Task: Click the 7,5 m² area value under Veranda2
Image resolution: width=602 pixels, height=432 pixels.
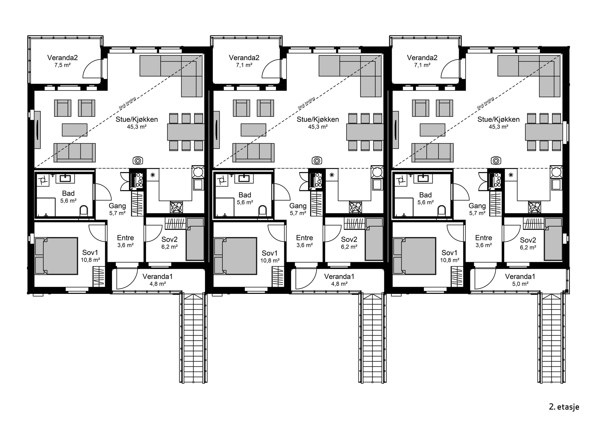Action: coord(62,65)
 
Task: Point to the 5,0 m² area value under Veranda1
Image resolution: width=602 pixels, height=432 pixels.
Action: coord(520,284)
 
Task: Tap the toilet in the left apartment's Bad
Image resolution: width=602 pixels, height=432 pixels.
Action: coord(84,210)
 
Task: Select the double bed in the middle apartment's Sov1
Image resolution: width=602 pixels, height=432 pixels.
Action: coord(235,256)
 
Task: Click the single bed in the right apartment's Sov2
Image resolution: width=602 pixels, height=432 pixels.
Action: coord(553,239)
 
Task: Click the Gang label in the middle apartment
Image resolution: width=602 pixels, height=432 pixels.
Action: coord(298,206)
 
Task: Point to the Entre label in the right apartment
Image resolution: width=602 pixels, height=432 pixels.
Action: coord(484,238)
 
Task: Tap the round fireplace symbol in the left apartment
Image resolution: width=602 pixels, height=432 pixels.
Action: coord(138,160)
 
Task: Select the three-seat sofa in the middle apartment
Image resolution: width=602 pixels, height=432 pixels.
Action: coord(253,152)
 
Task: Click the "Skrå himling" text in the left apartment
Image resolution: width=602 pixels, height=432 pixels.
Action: coord(127,103)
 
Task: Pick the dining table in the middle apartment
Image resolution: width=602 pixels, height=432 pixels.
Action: coord(365,132)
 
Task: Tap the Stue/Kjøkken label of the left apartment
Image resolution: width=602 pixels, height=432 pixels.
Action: coord(137,120)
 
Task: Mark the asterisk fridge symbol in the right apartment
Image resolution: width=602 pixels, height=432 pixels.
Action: coord(511,175)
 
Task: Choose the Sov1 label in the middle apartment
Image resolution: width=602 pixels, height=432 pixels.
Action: coord(270,253)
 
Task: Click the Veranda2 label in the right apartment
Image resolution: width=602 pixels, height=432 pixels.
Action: coord(422,58)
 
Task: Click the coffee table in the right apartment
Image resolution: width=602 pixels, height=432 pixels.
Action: coord(432,130)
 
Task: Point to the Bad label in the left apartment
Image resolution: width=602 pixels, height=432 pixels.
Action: coord(68,193)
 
